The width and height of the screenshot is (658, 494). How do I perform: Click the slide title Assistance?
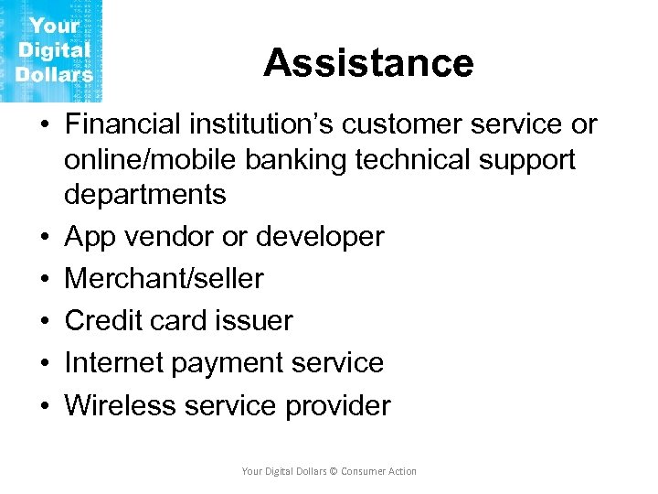point(368,63)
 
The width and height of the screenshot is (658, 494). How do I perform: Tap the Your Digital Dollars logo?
point(52,50)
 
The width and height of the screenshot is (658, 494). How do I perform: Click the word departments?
point(144,194)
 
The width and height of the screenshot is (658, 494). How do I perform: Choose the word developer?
point(321,236)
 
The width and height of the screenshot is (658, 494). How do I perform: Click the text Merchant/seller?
point(164,278)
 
